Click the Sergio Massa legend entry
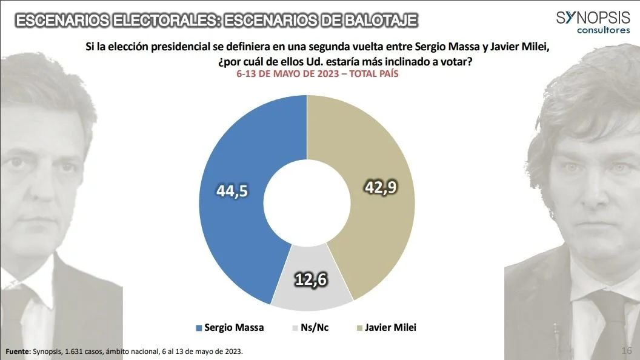pyautogui.click(x=234, y=328)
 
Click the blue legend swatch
pyautogui.click(x=199, y=328)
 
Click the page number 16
pyautogui.click(x=627, y=351)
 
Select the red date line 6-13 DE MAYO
pyautogui.click(x=317, y=74)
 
